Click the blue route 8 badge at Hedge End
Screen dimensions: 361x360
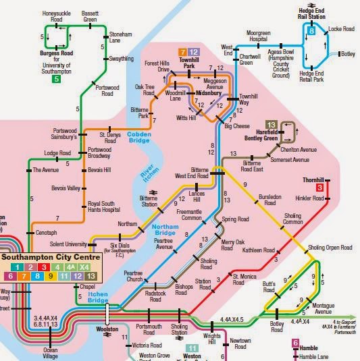[311, 30]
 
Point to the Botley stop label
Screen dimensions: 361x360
[349, 53]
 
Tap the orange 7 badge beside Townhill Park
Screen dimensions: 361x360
[182, 52]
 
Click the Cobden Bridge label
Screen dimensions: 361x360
[140, 138]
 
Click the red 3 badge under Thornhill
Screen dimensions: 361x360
[319, 188]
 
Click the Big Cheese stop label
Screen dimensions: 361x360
[238, 126]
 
